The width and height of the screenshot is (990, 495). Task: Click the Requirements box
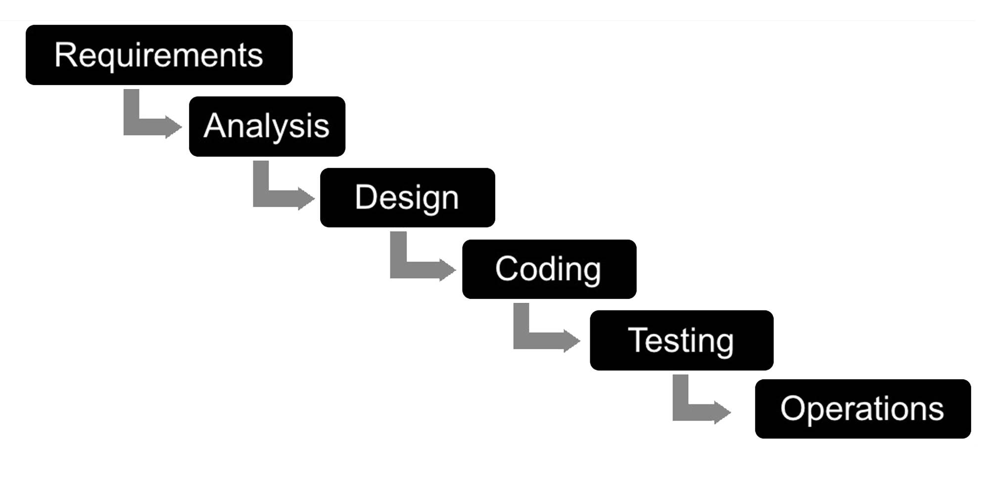159,55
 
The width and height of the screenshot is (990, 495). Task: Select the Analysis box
267,126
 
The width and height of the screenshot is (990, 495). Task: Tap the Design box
408,198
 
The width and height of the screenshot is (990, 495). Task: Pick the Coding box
549,269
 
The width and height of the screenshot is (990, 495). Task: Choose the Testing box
682,340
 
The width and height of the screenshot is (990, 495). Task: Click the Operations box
863,409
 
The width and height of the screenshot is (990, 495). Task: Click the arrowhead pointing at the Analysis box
173,127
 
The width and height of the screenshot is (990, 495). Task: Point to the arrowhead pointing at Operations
722,412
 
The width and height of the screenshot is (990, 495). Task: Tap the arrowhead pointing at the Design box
306,198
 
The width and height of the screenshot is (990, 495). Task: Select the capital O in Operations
792,409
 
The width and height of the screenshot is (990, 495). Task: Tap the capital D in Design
366,197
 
